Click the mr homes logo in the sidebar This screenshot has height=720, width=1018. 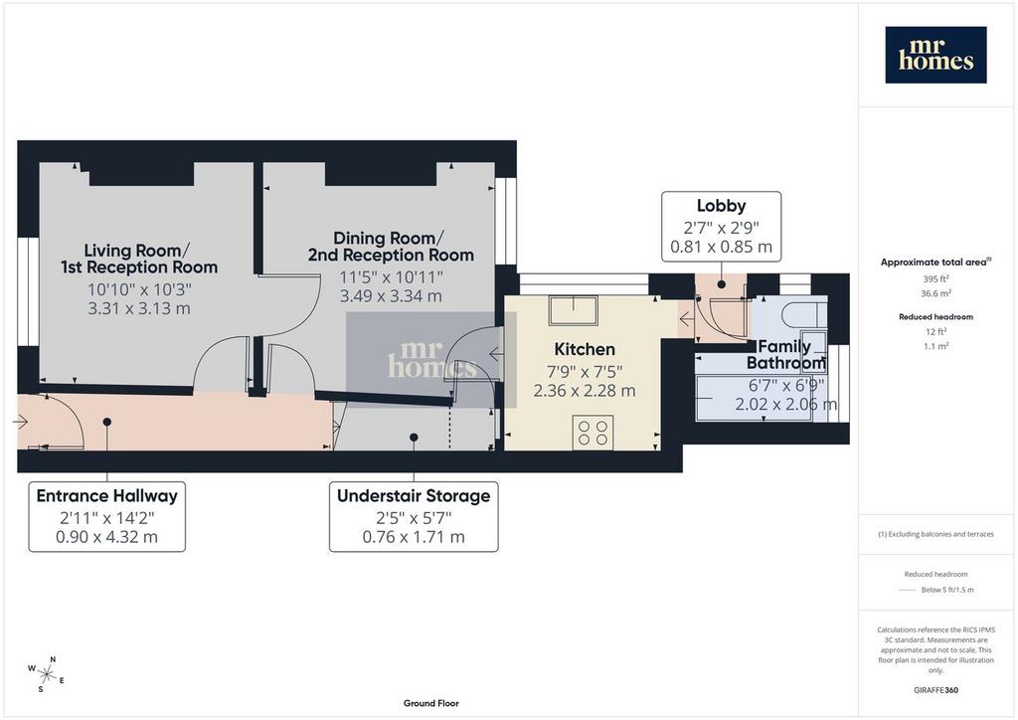click(935, 55)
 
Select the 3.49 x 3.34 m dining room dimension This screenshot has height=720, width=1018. click(391, 296)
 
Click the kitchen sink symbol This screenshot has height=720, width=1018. click(574, 310)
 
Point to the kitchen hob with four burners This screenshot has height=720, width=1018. click(593, 433)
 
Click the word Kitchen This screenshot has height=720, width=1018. click(585, 349)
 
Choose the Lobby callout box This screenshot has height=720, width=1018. click(722, 227)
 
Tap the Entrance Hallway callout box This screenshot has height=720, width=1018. click(107, 517)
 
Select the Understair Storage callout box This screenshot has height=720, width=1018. click(414, 517)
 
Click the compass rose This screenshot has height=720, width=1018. click(46, 674)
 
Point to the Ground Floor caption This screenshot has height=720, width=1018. click(431, 703)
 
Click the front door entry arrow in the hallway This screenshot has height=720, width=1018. click(20, 422)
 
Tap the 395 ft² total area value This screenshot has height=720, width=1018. click(935, 279)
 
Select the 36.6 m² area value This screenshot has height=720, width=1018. click(935, 293)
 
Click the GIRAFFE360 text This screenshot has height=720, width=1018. click(935, 690)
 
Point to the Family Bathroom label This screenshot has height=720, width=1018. click(785, 354)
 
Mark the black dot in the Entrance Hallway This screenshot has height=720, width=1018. click(107, 422)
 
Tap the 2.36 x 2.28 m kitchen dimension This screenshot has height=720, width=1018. click(585, 391)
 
